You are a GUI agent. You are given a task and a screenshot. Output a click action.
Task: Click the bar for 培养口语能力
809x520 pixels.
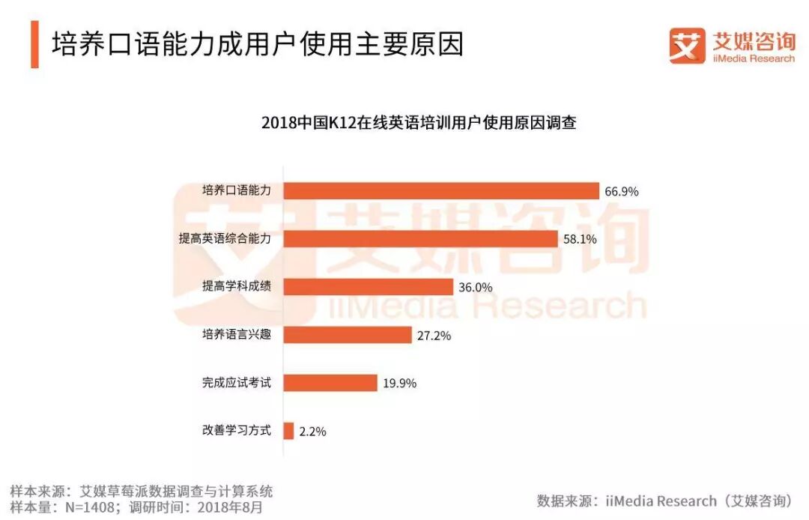pos(441,191)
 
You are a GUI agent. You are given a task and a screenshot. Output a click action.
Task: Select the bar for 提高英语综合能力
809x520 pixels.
pos(420,239)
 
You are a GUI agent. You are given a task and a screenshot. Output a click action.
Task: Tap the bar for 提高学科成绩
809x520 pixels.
pos(368,287)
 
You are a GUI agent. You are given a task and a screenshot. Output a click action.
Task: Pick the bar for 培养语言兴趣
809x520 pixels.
pos(347,335)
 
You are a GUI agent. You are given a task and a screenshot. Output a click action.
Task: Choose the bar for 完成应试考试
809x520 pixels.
pos(330,383)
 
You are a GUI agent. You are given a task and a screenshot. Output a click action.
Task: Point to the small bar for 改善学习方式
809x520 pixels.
pos(288,431)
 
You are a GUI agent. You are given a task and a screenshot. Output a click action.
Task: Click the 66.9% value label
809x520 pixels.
pos(622,192)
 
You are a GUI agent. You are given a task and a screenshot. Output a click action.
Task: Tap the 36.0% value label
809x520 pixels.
pos(476,288)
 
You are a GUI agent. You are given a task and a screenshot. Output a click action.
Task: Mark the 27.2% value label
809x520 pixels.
pos(434,336)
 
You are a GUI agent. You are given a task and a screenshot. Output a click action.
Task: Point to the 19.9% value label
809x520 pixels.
pos(399,384)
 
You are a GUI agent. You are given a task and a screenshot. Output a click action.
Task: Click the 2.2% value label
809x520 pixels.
pos(312,432)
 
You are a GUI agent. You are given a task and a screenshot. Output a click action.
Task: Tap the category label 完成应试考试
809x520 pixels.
pos(236,383)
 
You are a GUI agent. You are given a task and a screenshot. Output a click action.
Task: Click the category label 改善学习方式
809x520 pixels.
pos(236,431)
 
